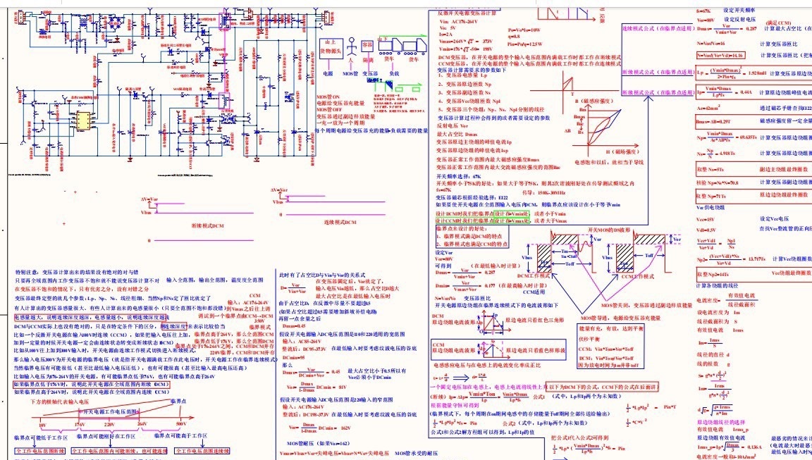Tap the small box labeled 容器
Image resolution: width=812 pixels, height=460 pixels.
click(367, 44)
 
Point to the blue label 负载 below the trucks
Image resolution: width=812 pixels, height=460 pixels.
click(395, 73)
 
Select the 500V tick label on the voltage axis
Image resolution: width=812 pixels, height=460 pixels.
click(183, 425)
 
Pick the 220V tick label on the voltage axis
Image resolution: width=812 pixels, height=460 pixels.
click(109, 425)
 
